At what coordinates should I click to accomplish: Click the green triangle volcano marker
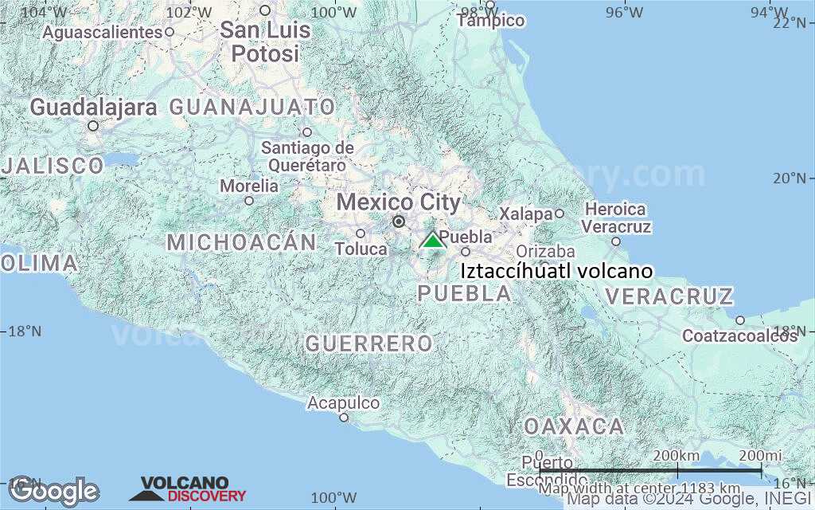pyautogui.click(x=432, y=240)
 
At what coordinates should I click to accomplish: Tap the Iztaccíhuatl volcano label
pyautogui.click(x=556, y=271)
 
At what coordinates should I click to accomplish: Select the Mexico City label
pyautogui.click(x=398, y=202)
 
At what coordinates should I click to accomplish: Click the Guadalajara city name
pyautogui.click(x=93, y=108)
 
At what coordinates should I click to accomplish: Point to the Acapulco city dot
pyautogui.click(x=344, y=417)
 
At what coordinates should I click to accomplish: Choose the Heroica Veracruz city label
pyautogui.click(x=617, y=218)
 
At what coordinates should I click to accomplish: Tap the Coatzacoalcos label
pyautogui.click(x=739, y=335)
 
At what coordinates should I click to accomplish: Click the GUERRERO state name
pyautogui.click(x=369, y=343)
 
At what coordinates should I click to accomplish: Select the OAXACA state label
pyautogui.click(x=573, y=426)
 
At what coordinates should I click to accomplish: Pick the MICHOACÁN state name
pyautogui.click(x=241, y=241)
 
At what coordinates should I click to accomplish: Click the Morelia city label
pyautogui.click(x=249, y=186)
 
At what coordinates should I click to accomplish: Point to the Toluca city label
pyautogui.click(x=361, y=249)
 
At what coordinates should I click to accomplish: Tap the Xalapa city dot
pyautogui.click(x=560, y=213)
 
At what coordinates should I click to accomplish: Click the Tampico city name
pyautogui.click(x=491, y=21)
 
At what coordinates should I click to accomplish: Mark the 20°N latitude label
pyautogui.click(x=789, y=177)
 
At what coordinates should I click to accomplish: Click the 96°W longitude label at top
pyautogui.click(x=625, y=12)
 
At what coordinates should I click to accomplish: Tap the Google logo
pyautogui.click(x=54, y=491)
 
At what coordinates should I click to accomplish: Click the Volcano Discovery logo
pyautogui.click(x=189, y=489)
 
